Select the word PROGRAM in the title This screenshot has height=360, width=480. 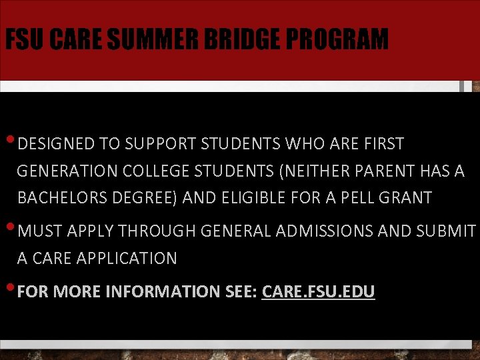[x=341, y=39]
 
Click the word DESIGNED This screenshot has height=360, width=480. [x=57, y=144]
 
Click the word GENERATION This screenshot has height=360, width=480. [x=67, y=171]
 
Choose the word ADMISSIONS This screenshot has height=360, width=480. [x=321, y=231]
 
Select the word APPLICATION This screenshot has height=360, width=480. [x=126, y=259]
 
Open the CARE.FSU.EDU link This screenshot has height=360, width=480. [x=319, y=292]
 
